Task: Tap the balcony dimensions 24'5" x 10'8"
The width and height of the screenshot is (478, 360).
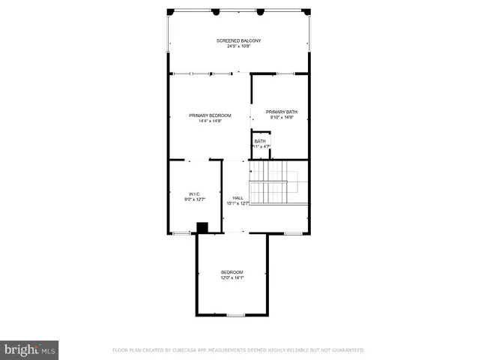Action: click(x=239, y=46)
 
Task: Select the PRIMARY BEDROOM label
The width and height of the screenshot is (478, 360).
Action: click(x=210, y=115)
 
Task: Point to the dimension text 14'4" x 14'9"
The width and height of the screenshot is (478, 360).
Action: click(x=210, y=121)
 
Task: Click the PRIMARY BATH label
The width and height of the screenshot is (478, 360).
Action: click(x=281, y=111)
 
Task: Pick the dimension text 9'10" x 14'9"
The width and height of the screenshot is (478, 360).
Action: click(x=281, y=117)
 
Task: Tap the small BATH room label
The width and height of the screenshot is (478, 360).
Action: click(x=260, y=141)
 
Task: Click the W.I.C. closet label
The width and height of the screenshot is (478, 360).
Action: click(x=195, y=193)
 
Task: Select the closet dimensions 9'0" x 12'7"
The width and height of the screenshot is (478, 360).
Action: click(x=195, y=199)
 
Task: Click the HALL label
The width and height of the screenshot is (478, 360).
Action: click(x=238, y=198)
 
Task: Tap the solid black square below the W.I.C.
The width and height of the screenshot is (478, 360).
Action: click(x=202, y=228)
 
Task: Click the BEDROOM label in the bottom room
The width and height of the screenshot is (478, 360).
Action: click(x=232, y=271)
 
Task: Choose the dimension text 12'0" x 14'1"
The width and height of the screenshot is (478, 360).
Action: click(x=232, y=277)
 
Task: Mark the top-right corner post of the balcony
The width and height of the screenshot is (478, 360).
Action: click(x=307, y=11)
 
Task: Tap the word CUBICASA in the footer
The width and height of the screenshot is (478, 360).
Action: click(x=191, y=350)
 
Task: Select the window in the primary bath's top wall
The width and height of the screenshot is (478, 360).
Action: click(x=285, y=73)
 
